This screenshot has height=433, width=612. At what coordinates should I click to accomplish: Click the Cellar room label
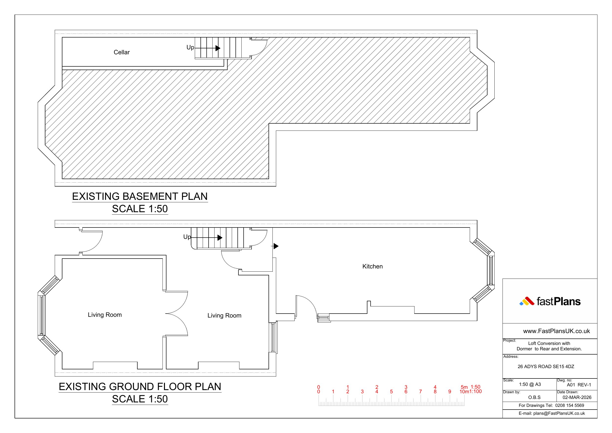tap(122, 52)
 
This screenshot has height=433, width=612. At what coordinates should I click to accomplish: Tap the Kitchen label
tap(372, 266)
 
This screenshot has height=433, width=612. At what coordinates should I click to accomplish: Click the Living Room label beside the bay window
tap(105, 315)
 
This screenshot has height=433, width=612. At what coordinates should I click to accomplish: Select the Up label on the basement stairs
tap(190, 47)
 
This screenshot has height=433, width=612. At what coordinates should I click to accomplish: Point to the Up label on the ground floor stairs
tap(187, 237)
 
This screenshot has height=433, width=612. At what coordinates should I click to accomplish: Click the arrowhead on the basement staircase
tap(218, 48)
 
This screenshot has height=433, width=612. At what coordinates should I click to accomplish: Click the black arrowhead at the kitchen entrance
tap(276, 246)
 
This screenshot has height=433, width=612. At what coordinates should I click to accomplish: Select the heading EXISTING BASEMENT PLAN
tap(140, 196)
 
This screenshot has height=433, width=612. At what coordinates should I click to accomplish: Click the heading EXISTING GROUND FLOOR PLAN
tap(140, 387)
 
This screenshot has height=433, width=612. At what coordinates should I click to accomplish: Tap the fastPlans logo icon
tap(527, 301)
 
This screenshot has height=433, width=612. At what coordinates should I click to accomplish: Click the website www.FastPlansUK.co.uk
tap(557, 331)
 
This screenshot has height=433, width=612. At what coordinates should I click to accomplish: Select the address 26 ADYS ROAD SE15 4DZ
tap(546, 367)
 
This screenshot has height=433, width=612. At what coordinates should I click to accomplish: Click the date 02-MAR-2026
tap(577, 397)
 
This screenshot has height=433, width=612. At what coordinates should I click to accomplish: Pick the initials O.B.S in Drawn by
tap(534, 397)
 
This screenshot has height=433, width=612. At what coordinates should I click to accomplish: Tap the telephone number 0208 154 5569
tap(570, 406)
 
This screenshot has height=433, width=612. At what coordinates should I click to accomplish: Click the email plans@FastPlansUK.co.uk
tap(559, 414)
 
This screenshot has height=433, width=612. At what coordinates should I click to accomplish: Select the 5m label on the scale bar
tap(464, 387)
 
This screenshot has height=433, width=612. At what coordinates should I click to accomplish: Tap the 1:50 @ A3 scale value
tap(530, 384)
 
